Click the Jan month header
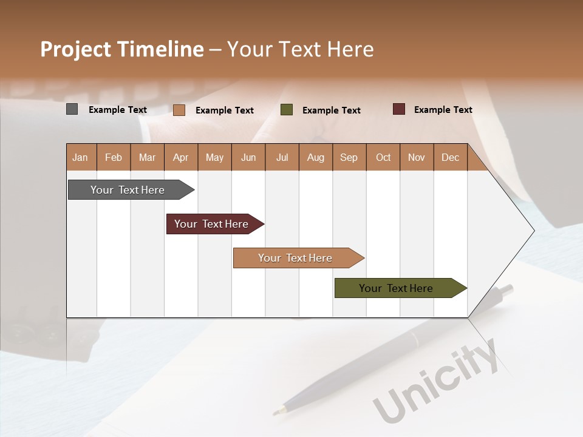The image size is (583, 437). pyautogui.click(x=80, y=157)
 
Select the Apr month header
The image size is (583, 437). pyautogui.click(x=181, y=157)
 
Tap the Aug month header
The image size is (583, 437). pyautogui.click(x=316, y=157)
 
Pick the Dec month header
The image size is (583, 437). pyautogui.click(x=450, y=157)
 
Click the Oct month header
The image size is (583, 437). pyautogui.click(x=383, y=157)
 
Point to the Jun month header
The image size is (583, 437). pyautogui.click(x=248, y=157)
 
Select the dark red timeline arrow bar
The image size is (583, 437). pyautogui.click(x=213, y=224)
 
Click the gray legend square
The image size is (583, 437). pyautogui.click(x=72, y=109)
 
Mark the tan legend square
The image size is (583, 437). pyautogui.click(x=179, y=110)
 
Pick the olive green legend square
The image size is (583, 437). pyautogui.click(x=287, y=110)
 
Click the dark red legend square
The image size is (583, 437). pyautogui.click(x=399, y=109)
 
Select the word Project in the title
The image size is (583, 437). pyautogui.click(x=75, y=49)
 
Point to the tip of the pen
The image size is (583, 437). pyautogui.click(x=275, y=413)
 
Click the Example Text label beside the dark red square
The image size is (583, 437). pyautogui.click(x=443, y=110)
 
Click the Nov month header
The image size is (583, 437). pyautogui.click(x=417, y=157)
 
